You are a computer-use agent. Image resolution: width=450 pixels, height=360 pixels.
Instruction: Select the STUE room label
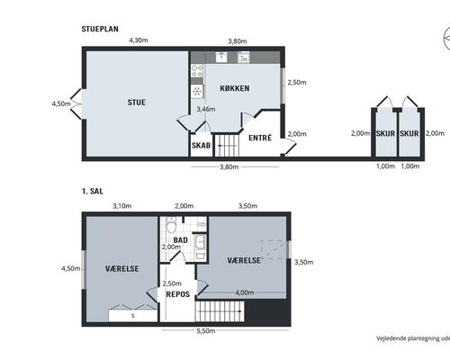click(136, 102)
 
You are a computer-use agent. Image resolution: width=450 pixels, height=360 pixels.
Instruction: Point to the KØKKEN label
click(234, 88)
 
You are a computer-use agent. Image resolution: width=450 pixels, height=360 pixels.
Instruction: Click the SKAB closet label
click(201, 145)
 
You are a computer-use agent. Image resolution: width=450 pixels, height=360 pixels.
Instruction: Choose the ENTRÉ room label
click(260, 139)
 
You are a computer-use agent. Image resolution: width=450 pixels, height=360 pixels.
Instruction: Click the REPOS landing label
click(177, 293)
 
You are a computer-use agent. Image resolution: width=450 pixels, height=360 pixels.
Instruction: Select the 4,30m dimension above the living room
click(138, 40)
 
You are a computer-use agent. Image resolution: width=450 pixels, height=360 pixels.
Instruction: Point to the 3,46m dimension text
click(205, 109)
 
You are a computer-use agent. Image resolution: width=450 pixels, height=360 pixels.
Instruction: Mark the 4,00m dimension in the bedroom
click(244, 292)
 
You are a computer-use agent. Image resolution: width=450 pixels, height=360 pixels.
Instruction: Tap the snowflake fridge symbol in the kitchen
click(196, 91)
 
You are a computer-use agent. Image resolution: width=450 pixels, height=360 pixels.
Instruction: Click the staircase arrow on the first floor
click(220, 313)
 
